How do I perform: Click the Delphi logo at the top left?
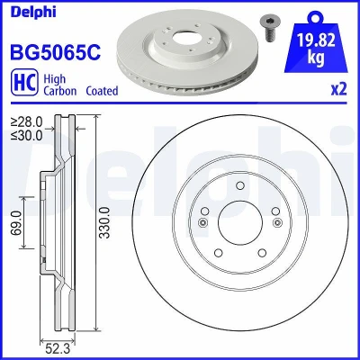[33, 12]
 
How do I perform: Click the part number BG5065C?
[56, 51]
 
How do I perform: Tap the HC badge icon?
[24, 82]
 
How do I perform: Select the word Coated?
[102, 91]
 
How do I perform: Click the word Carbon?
[60, 91]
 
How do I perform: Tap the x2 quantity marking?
[338, 89]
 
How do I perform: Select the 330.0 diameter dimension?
[104, 222]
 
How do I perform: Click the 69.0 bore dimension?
[17, 222]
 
